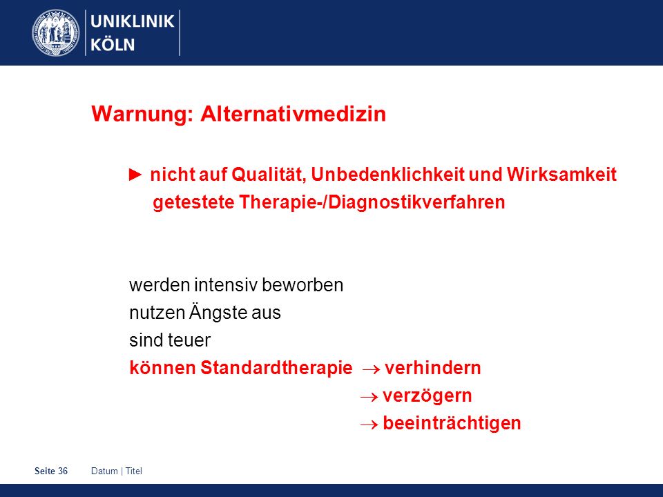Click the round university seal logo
(x=56, y=33)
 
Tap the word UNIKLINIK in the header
(x=133, y=21)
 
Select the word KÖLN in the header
(x=113, y=44)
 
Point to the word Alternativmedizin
(x=293, y=114)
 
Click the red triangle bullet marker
(x=135, y=175)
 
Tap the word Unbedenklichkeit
(x=387, y=174)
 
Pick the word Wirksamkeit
(x=561, y=174)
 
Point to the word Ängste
(x=218, y=312)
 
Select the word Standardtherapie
(x=276, y=368)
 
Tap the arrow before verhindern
(x=371, y=369)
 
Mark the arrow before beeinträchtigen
(x=369, y=425)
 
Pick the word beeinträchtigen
(x=452, y=423)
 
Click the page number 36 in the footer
(x=63, y=471)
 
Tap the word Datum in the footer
(x=104, y=471)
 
